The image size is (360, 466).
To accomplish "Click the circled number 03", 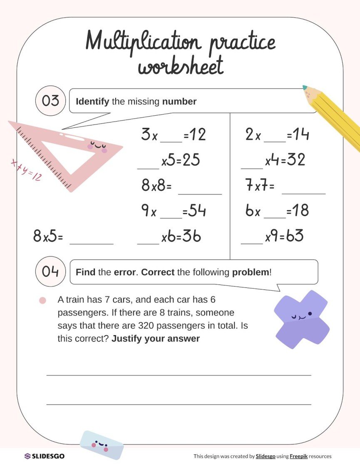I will (51, 101).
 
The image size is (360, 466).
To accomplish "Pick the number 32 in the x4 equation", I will (296, 160).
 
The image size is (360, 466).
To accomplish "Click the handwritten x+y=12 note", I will (26, 171).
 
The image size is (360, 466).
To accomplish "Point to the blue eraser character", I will (102, 445).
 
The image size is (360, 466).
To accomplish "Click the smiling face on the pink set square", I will (97, 146).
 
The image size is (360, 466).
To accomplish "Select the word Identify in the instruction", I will (92, 101).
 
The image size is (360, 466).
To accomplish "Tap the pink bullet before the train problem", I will (42, 300).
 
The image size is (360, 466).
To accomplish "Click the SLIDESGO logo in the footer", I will (45, 456).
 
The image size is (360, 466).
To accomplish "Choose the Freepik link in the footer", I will (298, 456).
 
